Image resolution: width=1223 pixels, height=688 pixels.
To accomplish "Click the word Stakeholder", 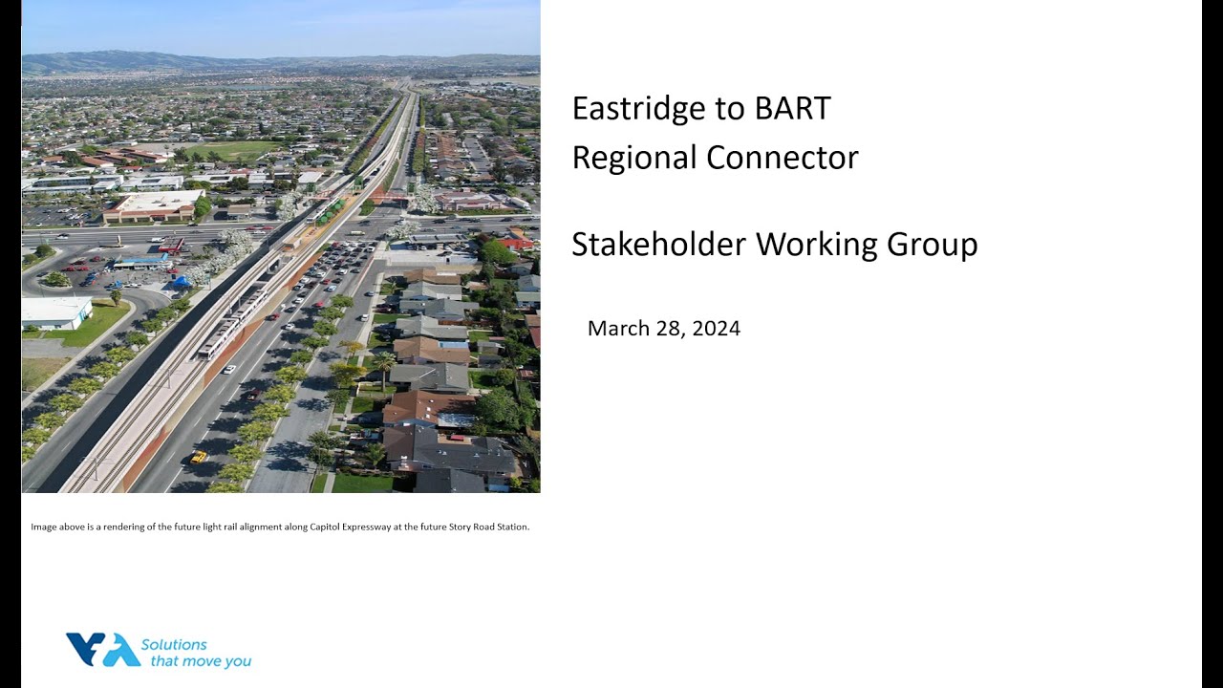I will point(659,245).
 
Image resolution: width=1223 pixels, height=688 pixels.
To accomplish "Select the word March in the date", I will point(617,329).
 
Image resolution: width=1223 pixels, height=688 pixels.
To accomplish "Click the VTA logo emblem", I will point(102,650).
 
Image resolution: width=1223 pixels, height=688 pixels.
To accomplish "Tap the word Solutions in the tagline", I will point(174,644).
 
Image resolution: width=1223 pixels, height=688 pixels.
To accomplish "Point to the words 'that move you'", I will point(196,661).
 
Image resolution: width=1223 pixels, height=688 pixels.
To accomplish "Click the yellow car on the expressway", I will point(199,457).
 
